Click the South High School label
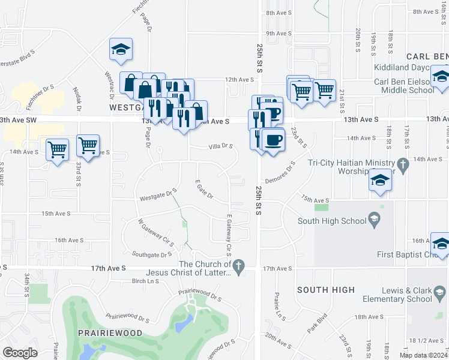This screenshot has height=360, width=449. [333, 221]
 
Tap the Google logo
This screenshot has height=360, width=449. [20, 353]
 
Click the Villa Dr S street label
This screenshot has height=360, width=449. [220, 146]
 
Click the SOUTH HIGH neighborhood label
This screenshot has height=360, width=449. [327, 290]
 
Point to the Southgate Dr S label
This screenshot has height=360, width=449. [152, 254]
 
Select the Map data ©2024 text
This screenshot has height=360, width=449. [423, 355]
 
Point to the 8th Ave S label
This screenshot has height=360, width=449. [279, 13]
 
